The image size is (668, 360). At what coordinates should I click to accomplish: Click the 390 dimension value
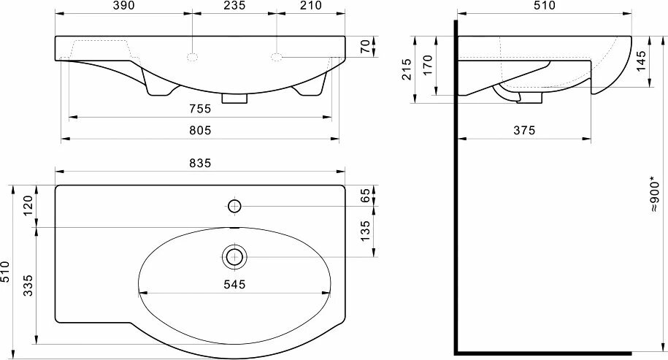click(123, 6)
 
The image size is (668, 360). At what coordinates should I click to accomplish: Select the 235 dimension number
click(234, 6)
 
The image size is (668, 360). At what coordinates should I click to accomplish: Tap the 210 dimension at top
click(311, 6)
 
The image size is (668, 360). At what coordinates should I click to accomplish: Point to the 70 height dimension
click(366, 47)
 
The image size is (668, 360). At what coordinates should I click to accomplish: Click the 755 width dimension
click(200, 109)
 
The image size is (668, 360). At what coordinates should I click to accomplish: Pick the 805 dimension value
click(200, 131)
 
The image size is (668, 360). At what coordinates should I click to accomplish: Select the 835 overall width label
click(200, 163)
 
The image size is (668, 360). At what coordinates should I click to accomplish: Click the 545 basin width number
click(234, 284)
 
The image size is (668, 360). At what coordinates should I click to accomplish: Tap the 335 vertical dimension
click(28, 286)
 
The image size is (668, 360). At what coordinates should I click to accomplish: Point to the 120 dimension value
click(28, 206)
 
